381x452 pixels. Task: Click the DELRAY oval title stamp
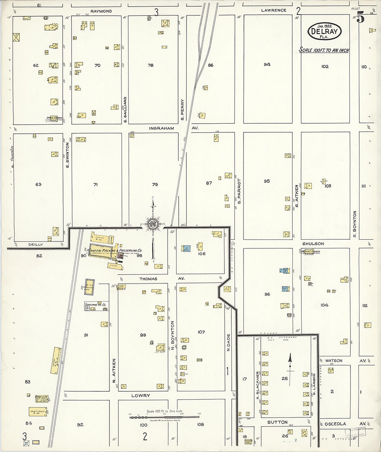[324, 32]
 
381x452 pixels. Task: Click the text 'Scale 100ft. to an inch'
[324, 50]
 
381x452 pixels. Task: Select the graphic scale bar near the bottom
[165, 417]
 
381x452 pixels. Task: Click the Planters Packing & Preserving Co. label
[114, 250]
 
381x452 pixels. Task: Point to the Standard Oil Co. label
[95, 304]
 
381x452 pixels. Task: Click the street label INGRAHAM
[161, 128]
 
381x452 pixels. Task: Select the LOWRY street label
[141, 395]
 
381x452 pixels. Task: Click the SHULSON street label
[313, 243]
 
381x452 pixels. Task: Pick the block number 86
[211, 65]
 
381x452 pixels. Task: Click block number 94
[267, 64]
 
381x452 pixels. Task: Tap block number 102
[325, 67]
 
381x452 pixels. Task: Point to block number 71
[95, 185]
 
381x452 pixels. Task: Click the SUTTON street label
[277, 422]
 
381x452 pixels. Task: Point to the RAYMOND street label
[101, 11]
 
